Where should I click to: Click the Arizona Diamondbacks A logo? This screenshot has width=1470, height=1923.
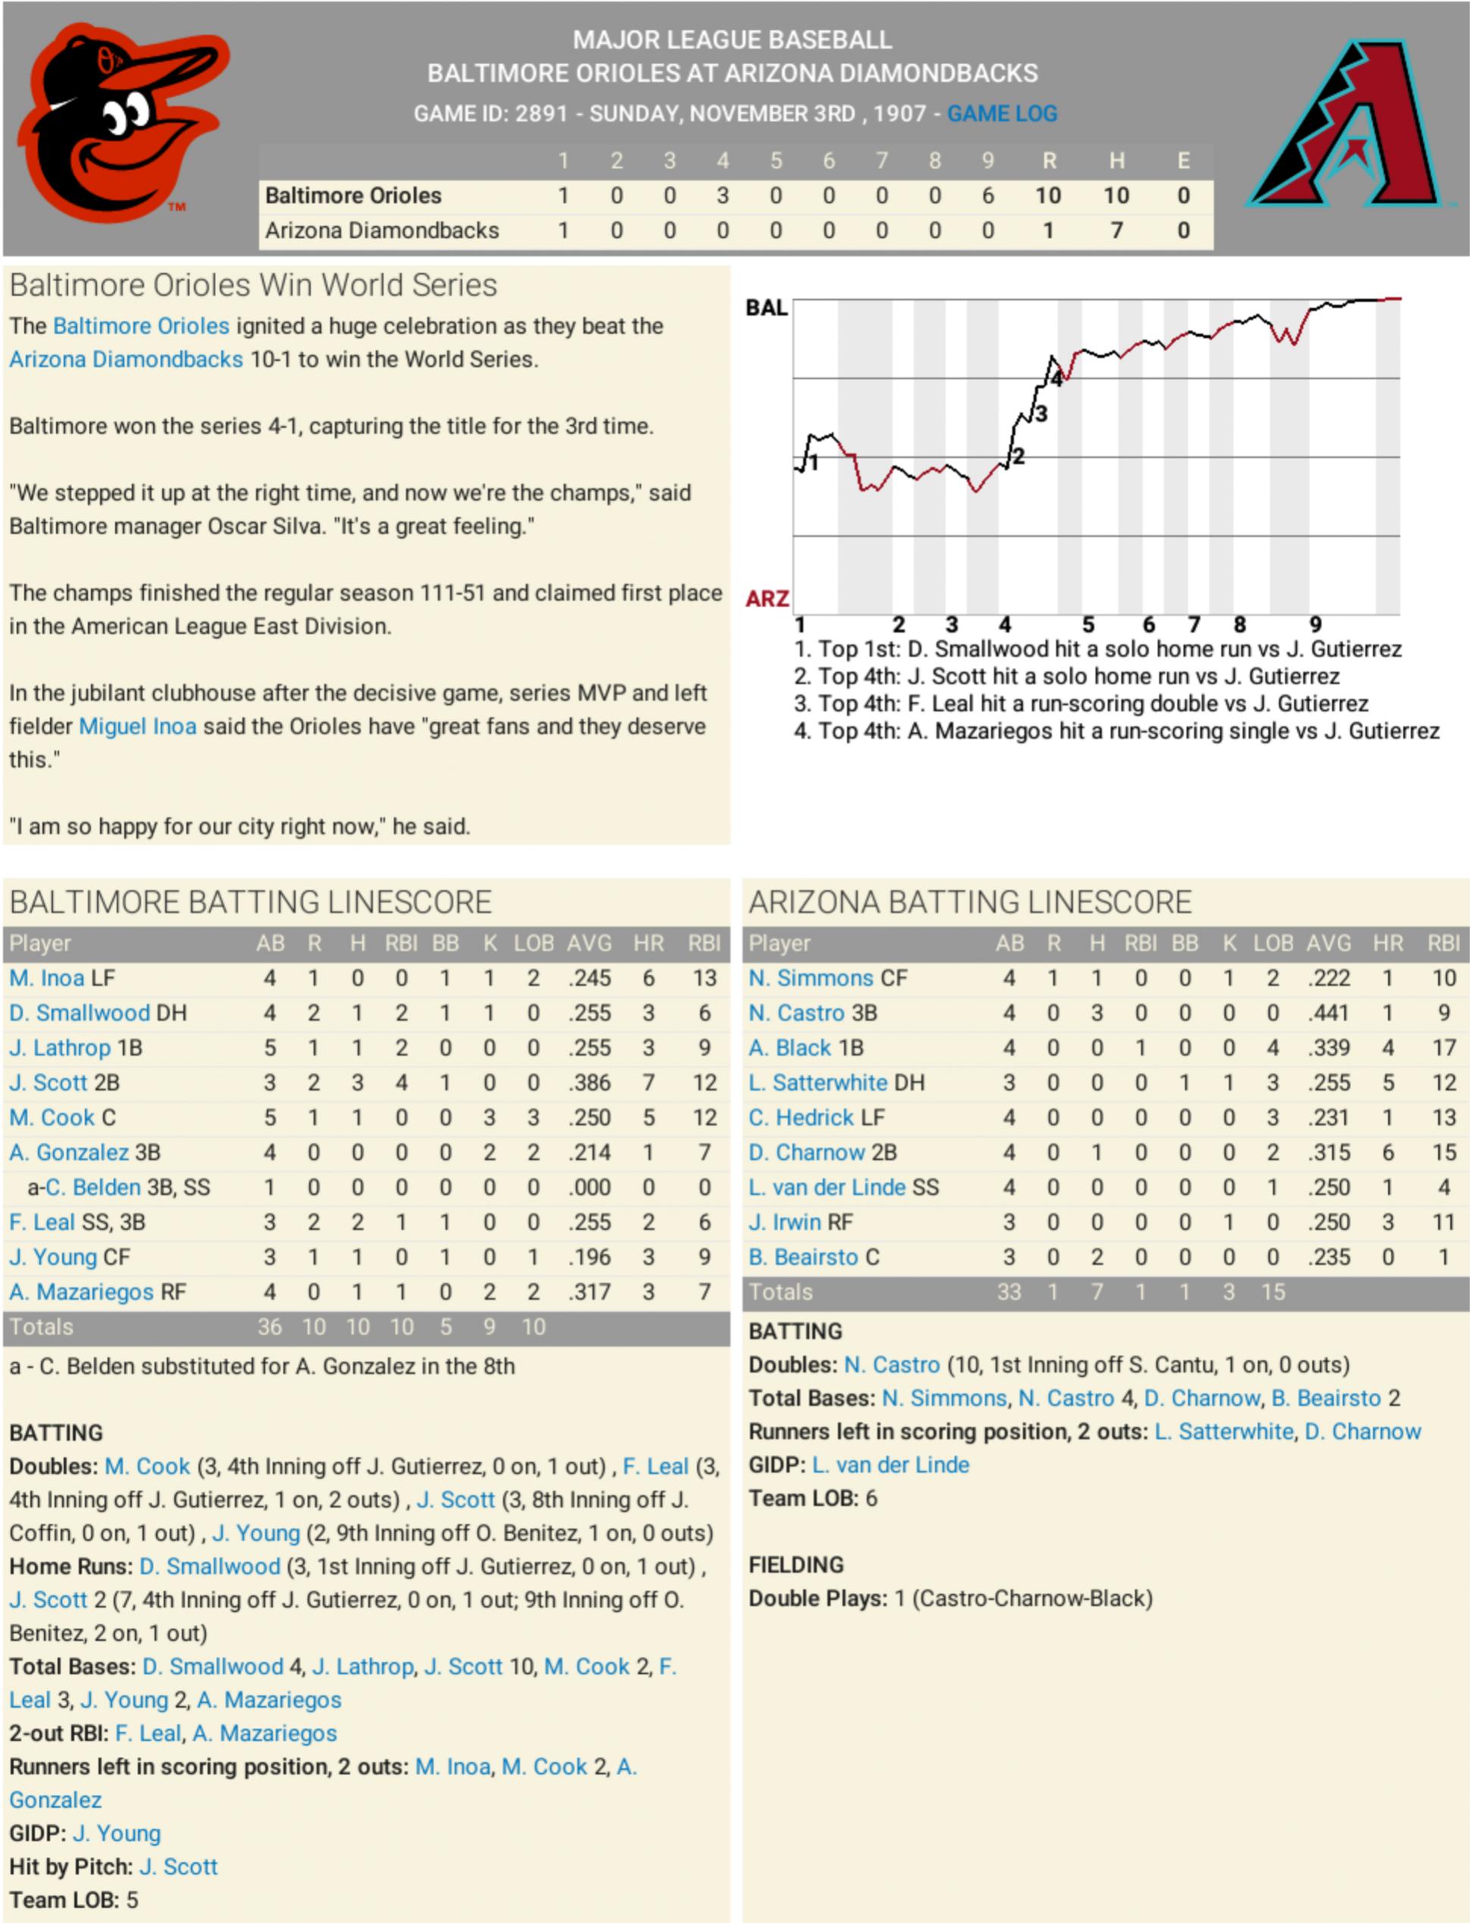(x=1346, y=124)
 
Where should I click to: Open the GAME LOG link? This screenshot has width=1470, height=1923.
(x=1002, y=114)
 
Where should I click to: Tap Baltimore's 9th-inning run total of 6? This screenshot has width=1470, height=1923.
(x=988, y=196)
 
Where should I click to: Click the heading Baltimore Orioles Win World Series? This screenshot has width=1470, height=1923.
(x=254, y=285)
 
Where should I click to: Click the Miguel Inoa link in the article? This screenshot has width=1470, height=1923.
(x=137, y=727)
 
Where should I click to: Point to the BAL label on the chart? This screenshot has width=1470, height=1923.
(x=766, y=308)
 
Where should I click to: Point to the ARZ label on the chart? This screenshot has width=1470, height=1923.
(x=766, y=599)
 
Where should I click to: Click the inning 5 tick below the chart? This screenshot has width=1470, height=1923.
(x=1089, y=625)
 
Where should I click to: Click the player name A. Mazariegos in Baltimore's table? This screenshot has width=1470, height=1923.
(x=81, y=1292)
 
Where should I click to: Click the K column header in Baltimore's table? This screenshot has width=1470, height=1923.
(x=490, y=944)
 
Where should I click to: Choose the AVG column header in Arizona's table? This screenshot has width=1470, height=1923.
(x=1328, y=944)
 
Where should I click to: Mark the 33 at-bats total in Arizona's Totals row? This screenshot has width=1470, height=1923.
(x=1009, y=1292)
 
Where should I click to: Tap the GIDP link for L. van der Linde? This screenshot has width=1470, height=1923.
(x=891, y=1466)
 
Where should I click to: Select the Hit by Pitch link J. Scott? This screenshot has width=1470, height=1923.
(x=178, y=1867)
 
